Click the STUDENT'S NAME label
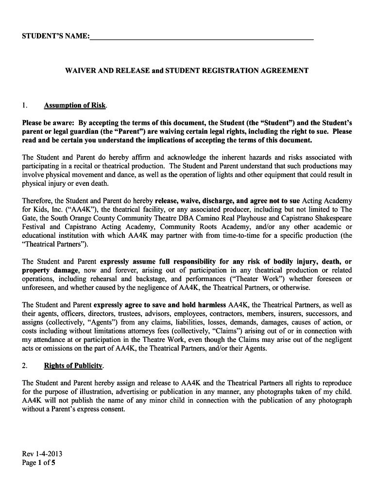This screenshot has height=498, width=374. (55, 37)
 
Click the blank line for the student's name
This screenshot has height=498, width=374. (202, 37)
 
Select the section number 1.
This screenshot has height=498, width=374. (25, 106)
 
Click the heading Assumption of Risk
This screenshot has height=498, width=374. (75, 106)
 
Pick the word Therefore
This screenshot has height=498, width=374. (37, 201)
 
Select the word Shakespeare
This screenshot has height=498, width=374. (332, 218)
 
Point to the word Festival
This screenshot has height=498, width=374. (34, 227)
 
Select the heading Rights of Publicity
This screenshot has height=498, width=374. (73, 366)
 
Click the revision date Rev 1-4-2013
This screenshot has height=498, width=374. (42, 454)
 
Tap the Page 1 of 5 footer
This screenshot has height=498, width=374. (39, 463)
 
